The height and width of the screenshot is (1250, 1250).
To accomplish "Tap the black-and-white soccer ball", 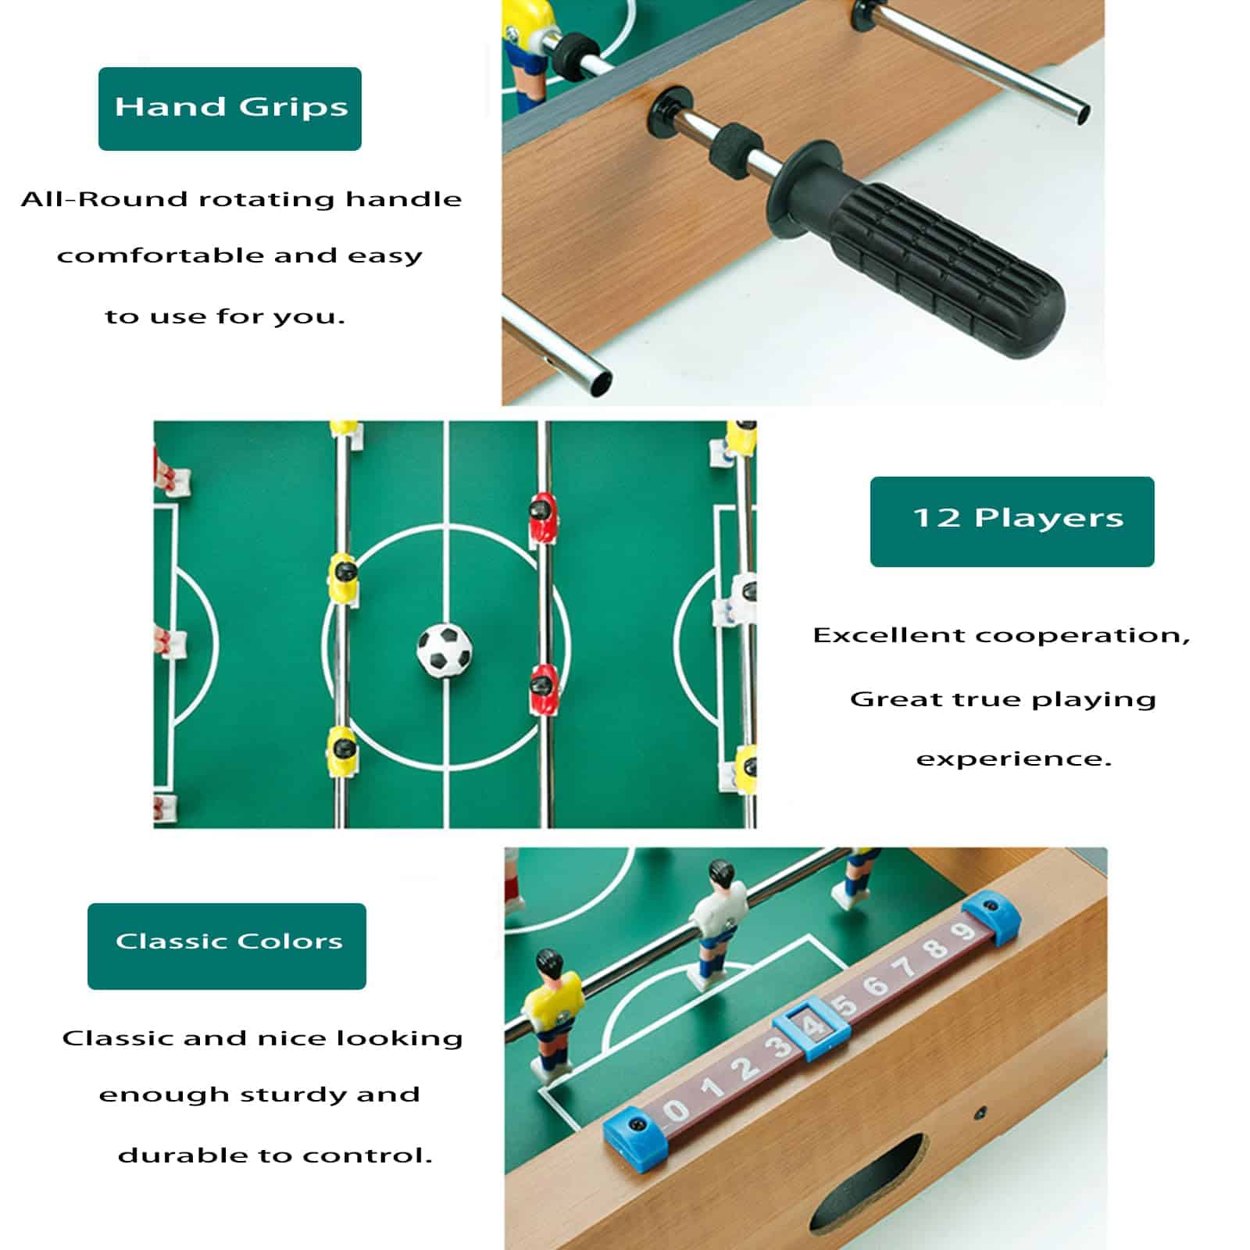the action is click(444, 649).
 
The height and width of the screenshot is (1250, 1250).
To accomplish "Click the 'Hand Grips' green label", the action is click(230, 109).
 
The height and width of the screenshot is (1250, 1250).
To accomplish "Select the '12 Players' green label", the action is click(1012, 521).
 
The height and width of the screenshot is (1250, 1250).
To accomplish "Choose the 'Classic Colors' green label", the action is click(227, 946).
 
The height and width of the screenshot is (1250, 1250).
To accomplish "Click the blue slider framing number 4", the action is click(812, 1027).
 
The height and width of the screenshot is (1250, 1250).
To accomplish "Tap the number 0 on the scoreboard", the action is click(677, 1109).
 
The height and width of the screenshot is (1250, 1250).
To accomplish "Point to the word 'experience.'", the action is click(1013, 760).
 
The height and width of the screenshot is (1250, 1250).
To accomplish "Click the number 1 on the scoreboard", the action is click(712, 1087).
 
